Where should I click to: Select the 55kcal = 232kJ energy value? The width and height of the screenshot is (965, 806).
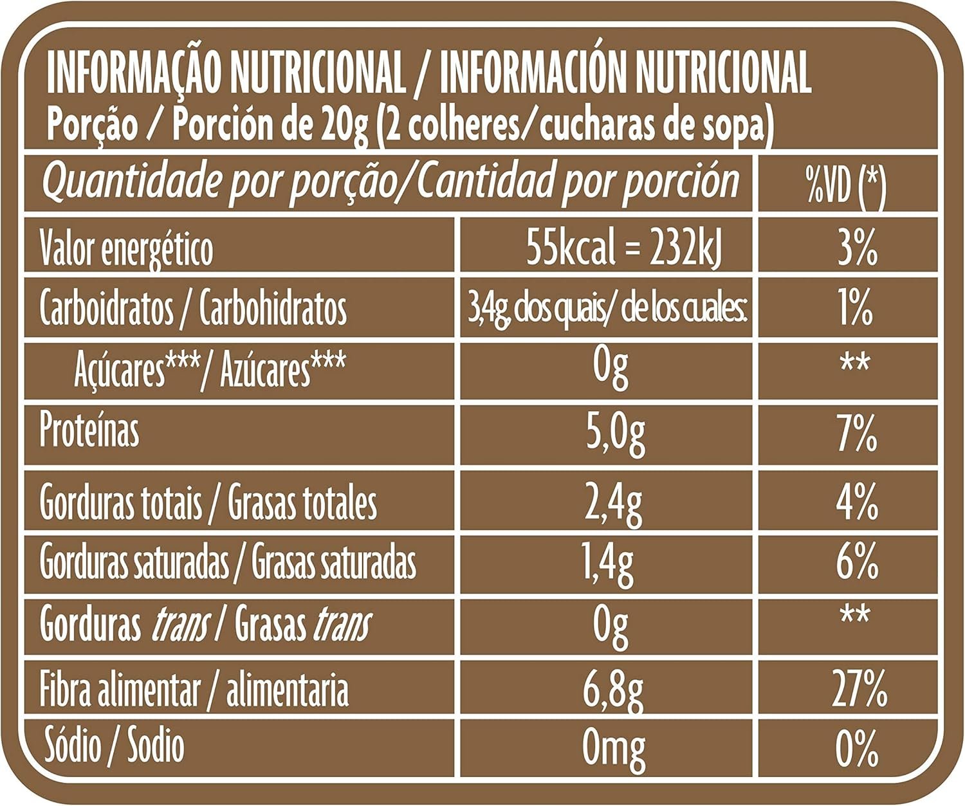(623, 247)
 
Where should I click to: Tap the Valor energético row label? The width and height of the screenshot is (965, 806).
(126, 249)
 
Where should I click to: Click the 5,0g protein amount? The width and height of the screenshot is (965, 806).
(615, 435)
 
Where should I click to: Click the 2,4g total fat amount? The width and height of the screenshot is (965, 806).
(613, 504)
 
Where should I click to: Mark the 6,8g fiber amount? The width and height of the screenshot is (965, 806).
(612, 690)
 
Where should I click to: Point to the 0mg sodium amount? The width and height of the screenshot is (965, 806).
(613, 748)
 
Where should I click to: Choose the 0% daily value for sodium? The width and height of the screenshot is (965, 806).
(857, 747)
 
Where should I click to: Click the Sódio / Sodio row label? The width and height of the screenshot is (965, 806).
(114, 746)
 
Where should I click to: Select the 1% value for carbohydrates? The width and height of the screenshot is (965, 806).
(856, 309)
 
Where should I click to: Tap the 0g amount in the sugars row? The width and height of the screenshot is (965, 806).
(611, 368)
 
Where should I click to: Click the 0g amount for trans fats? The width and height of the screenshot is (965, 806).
(611, 625)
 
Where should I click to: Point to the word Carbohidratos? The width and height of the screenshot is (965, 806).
(273, 309)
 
